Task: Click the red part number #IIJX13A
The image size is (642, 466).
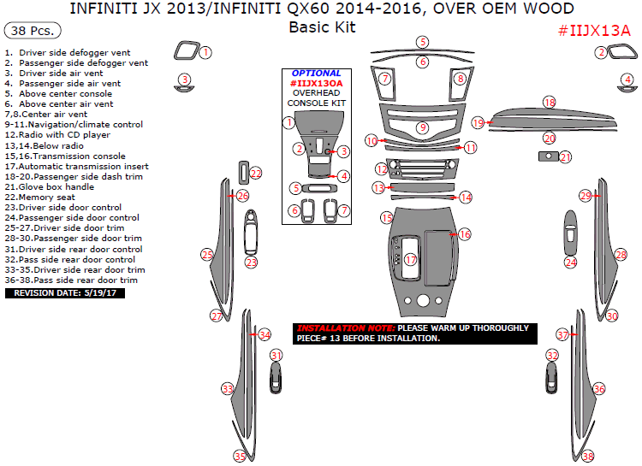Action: coord(593,31)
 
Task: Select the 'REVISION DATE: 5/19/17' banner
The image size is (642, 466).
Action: coord(65,292)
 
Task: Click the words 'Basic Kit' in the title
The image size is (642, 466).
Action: coord(321,27)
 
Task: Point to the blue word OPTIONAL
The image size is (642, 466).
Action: coord(316,74)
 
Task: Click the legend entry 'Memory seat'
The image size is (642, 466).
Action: coord(51,198)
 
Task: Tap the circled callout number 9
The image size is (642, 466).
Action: coord(422,127)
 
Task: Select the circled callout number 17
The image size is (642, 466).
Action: coord(411,259)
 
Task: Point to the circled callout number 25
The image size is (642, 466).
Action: coord(207,254)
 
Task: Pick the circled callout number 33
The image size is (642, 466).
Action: coord(228,389)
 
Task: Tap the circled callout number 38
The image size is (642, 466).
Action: coord(587,457)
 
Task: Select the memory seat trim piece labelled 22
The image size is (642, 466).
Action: coord(243,173)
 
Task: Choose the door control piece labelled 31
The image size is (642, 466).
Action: coord(275,378)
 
